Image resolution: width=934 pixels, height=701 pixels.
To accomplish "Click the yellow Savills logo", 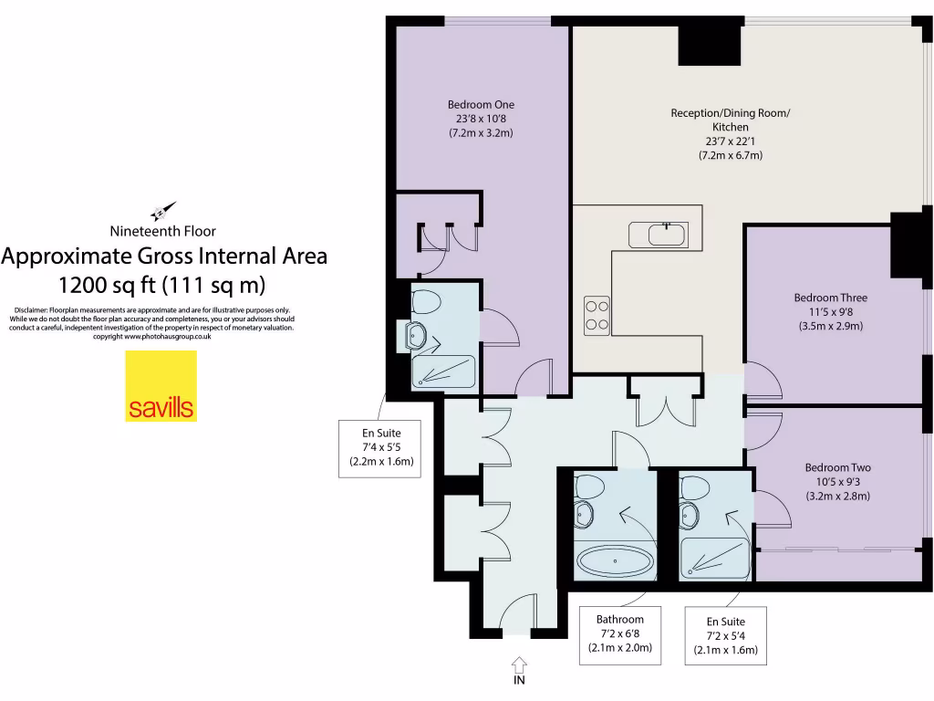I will pos(161,386).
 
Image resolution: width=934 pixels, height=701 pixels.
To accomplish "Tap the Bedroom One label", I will pos(481,104).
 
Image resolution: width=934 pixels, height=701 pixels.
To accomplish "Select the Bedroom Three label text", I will pos(830,298).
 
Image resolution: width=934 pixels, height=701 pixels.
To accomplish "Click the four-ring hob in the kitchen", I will pos(597,315).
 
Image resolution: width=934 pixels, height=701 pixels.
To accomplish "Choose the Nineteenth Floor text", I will pos(162,231).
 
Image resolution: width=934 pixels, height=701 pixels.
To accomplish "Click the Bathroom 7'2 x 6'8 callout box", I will pos(620,633).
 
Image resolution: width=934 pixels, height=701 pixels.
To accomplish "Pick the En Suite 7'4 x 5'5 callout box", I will pos(381,447).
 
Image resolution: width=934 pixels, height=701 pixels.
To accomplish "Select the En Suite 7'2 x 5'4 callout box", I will pos(725,639).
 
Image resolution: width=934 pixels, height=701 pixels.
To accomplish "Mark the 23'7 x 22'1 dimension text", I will pos(731,141).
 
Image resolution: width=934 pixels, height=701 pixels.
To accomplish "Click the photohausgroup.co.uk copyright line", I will pos(153,337).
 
